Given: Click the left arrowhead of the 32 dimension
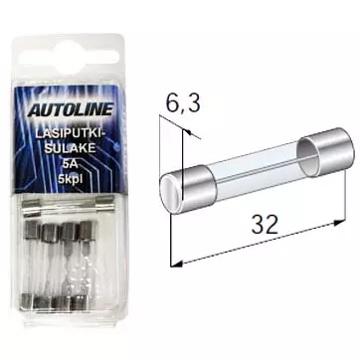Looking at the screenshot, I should click(180, 262).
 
